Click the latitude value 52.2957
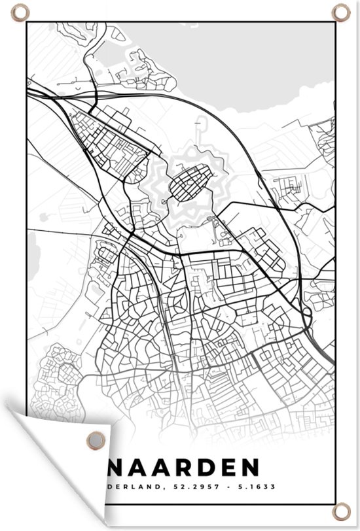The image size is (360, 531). pyautogui.click(x=190, y=487)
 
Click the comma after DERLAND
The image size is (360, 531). pyautogui.click(x=163, y=488)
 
